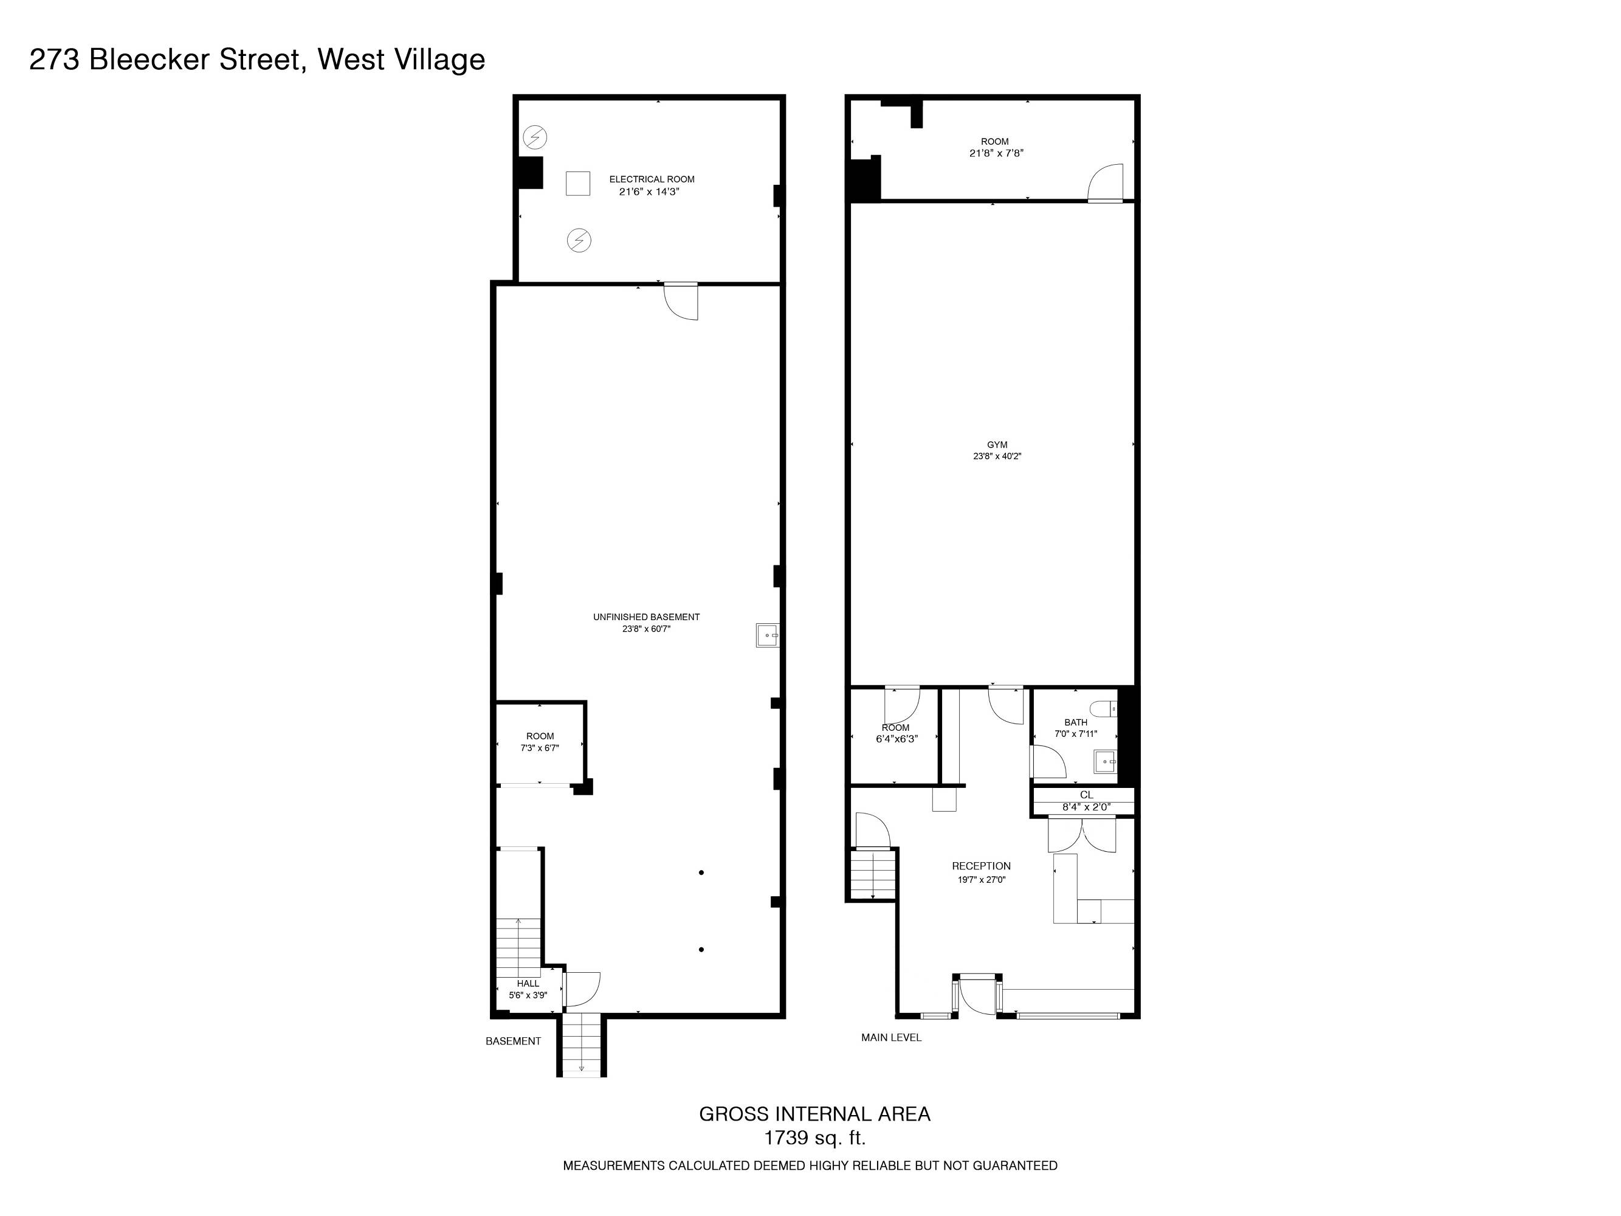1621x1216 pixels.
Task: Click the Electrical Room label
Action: [x=652, y=179]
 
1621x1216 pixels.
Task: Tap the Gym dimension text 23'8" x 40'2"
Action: [x=997, y=456]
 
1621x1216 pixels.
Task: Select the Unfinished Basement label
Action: [x=646, y=617]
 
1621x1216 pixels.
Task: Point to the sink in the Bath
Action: [x=1106, y=762]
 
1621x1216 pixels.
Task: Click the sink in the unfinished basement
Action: [x=767, y=635]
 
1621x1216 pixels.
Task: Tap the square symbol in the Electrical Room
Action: [x=577, y=183]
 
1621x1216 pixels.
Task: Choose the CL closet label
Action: [x=1086, y=795]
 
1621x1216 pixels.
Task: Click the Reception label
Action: [x=981, y=866]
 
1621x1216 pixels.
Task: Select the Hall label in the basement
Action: [x=528, y=984]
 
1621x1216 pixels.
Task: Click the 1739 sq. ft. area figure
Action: [x=815, y=1138]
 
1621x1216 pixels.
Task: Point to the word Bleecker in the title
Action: [x=150, y=60]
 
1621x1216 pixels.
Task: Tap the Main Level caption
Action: [x=891, y=1037]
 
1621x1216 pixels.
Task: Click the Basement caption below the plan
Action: [x=513, y=1041]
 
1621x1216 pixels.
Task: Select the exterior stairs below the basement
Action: [x=582, y=1045]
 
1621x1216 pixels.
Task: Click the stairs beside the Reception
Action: [x=873, y=873]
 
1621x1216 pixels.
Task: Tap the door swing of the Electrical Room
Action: [x=681, y=302]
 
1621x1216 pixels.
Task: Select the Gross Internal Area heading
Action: [x=815, y=1113]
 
